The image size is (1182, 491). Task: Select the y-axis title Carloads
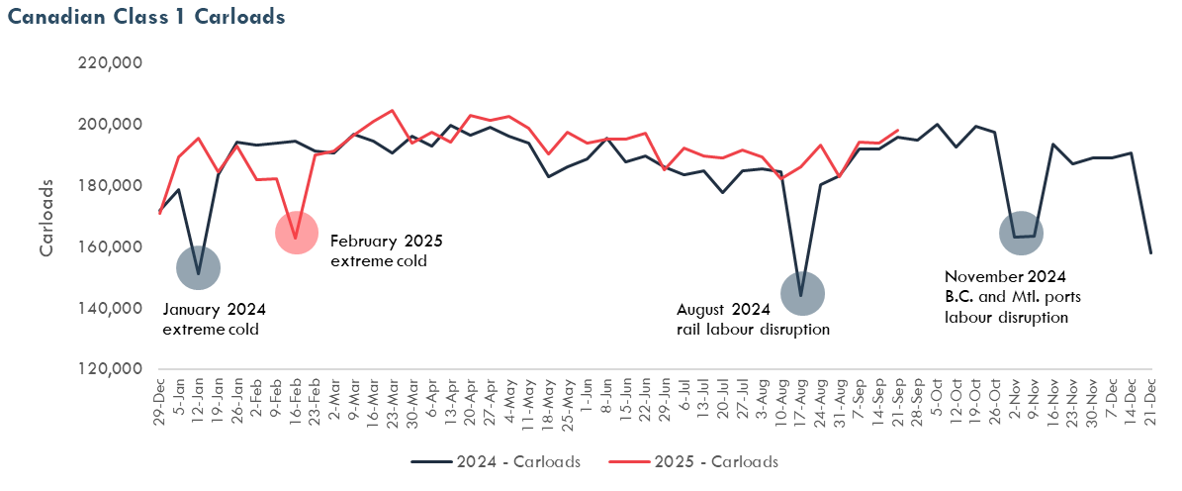pyautogui.click(x=46, y=218)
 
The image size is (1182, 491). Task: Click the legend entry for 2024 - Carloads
pyautogui.click(x=495, y=461)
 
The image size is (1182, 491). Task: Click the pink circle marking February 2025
pyautogui.click(x=296, y=234)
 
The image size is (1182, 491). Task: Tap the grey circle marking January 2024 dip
pyautogui.click(x=198, y=267)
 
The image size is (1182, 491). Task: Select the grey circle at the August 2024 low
pyautogui.click(x=800, y=293)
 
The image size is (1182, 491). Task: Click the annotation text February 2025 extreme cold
pyautogui.click(x=386, y=250)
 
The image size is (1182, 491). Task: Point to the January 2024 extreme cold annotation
pyautogui.click(x=214, y=318)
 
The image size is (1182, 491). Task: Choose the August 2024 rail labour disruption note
pyautogui.click(x=753, y=318)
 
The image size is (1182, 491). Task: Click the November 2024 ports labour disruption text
pyautogui.click(x=1005, y=297)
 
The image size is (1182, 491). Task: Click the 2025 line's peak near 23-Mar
pyautogui.click(x=393, y=111)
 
